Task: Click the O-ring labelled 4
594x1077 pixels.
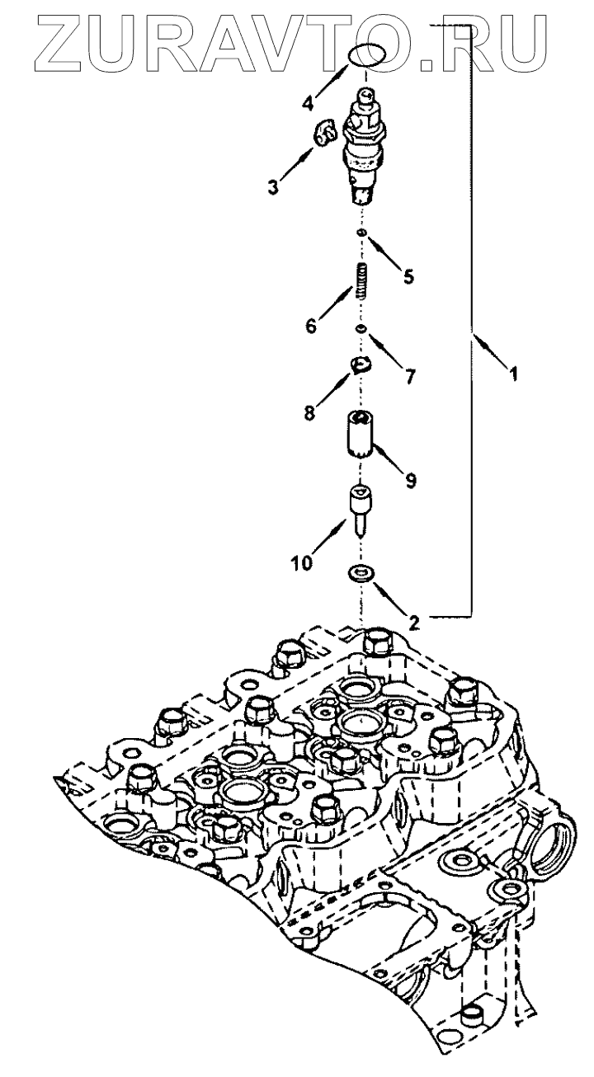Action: [x=365, y=55]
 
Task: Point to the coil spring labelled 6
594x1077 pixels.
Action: [x=361, y=280]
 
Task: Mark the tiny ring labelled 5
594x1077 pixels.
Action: [x=361, y=235]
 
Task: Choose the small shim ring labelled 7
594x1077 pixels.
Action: [x=361, y=330]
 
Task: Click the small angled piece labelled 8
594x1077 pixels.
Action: [x=361, y=364]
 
